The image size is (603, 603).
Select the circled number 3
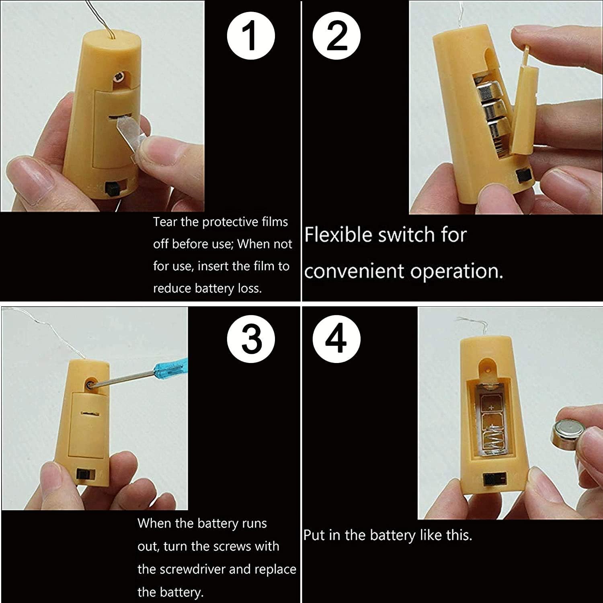[251, 339]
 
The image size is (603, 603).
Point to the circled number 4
[337, 339]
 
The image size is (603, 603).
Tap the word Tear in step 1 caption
[165, 222]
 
